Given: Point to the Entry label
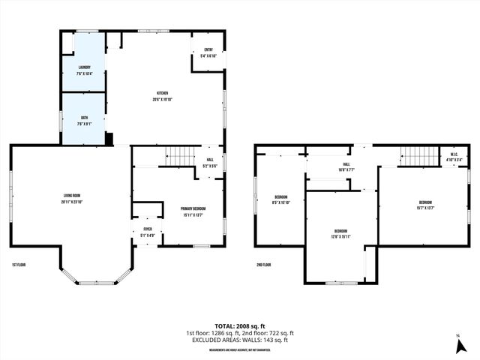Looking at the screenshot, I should tap(208, 53).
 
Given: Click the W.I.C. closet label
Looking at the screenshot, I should tap(454, 157).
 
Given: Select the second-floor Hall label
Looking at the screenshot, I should tap(346, 166).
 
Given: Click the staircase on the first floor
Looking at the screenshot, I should tap(179, 157).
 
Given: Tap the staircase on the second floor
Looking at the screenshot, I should tap(421, 157).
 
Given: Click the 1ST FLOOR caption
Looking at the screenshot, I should tap(20, 265).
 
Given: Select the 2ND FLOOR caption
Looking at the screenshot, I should tap(264, 265).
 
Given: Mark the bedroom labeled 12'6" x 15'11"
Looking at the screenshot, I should tap(340, 234).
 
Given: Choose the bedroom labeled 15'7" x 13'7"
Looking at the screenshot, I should tap(425, 205).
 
